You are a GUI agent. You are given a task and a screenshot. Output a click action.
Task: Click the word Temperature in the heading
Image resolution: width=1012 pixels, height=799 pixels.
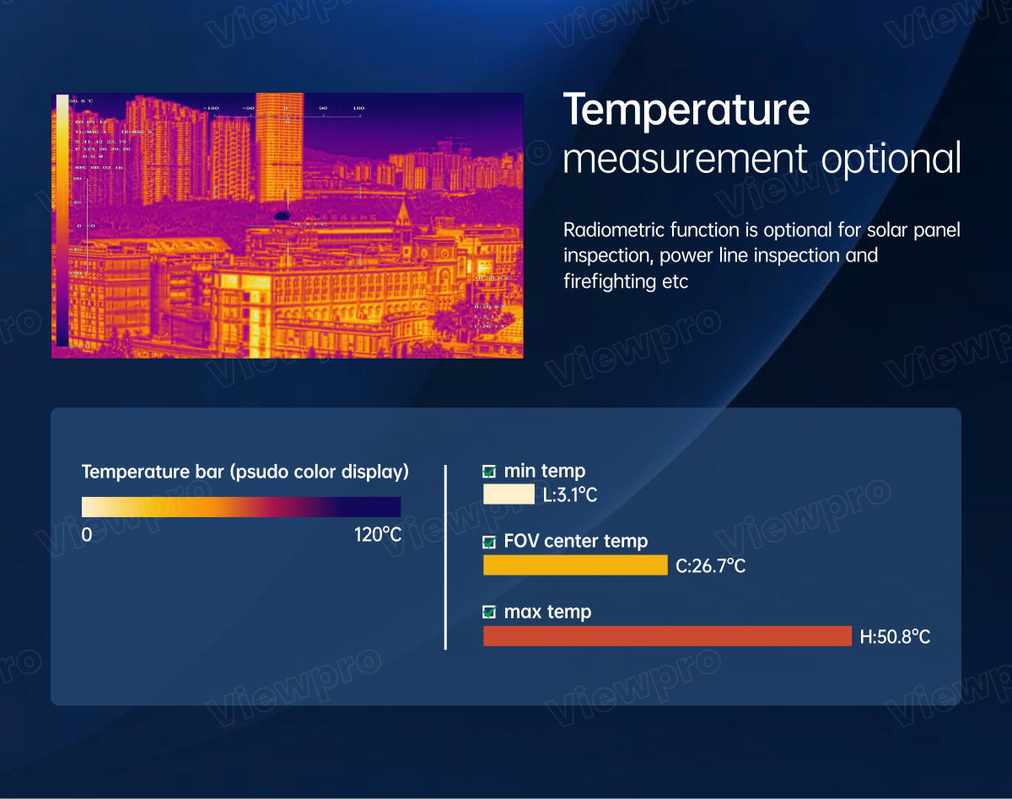tap(686, 111)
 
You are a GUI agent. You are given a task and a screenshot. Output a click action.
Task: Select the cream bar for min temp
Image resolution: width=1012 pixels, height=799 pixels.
tap(509, 494)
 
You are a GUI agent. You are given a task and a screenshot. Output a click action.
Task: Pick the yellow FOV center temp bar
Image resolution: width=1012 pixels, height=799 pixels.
tap(575, 565)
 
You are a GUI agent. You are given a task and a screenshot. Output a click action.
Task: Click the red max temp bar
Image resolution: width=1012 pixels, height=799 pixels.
tap(667, 636)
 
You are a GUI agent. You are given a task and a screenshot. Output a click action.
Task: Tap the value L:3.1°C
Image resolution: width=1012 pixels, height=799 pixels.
tap(570, 495)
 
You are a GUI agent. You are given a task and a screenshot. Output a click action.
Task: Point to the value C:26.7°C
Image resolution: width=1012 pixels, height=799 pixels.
tap(711, 566)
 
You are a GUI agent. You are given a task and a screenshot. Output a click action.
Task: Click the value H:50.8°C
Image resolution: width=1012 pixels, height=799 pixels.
tap(895, 637)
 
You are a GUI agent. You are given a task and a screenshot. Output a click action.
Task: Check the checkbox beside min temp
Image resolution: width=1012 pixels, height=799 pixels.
tap(489, 472)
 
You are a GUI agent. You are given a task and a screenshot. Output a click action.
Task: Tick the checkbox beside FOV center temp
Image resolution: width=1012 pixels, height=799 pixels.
tap(489, 542)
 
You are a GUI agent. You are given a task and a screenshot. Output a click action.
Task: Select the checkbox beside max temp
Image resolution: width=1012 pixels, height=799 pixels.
tap(489, 613)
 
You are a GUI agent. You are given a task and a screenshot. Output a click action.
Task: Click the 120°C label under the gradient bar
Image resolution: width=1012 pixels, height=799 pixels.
tap(378, 535)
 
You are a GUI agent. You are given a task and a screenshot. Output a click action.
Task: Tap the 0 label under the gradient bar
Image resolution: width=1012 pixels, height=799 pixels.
tap(86, 535)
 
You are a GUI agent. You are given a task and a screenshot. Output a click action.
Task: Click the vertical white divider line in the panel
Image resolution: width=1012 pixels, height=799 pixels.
tap(445, 557)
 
